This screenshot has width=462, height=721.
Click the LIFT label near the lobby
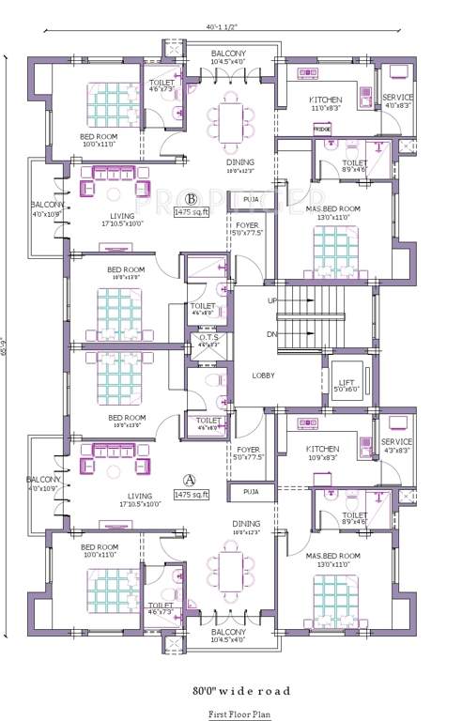click(346, 381)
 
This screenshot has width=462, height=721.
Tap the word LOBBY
click(264, 375)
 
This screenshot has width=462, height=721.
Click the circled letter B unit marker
click(191, 199)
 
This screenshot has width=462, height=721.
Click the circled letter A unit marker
click(191, 478)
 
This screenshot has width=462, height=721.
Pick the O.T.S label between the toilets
click(207, 338)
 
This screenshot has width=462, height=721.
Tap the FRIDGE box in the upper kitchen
click(322, 127)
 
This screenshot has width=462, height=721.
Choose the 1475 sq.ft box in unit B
click(192, 212)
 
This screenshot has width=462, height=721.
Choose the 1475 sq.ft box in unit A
click(192, 492)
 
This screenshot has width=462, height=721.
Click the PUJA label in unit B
click(251, 200)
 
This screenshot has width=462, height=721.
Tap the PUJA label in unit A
click(251, 491)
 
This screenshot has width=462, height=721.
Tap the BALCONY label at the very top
click(229, 54)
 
